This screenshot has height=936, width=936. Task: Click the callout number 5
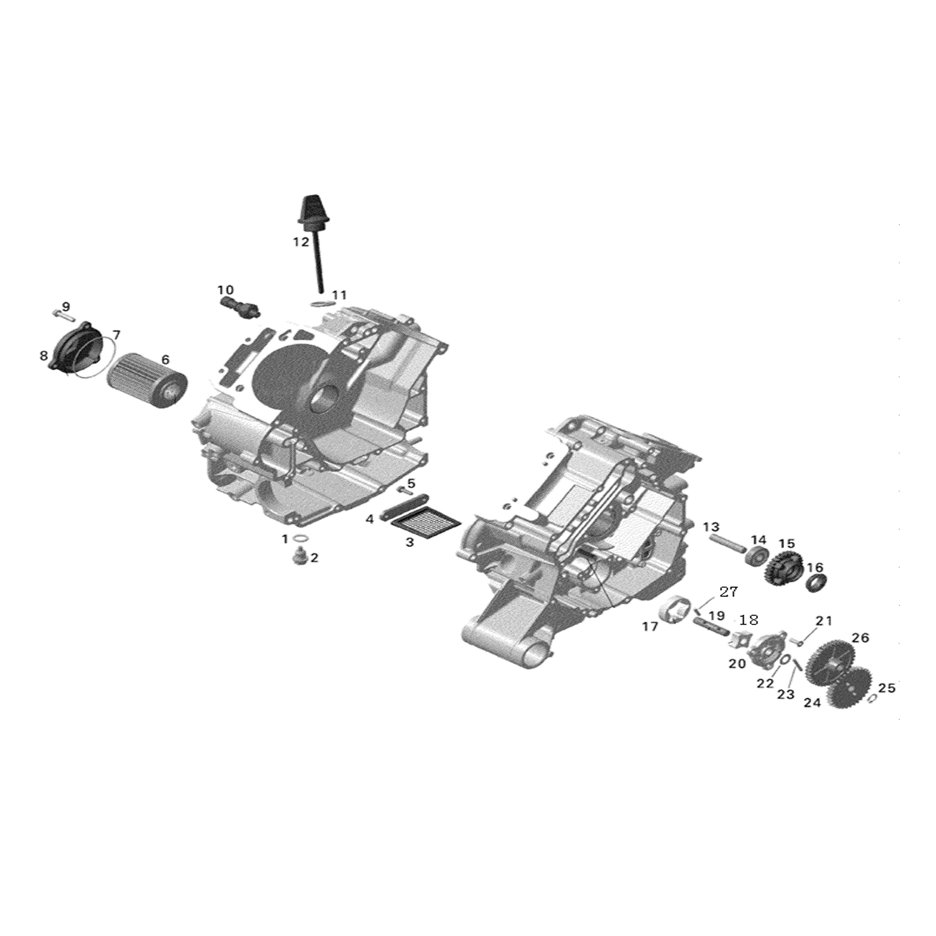(411, 483)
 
